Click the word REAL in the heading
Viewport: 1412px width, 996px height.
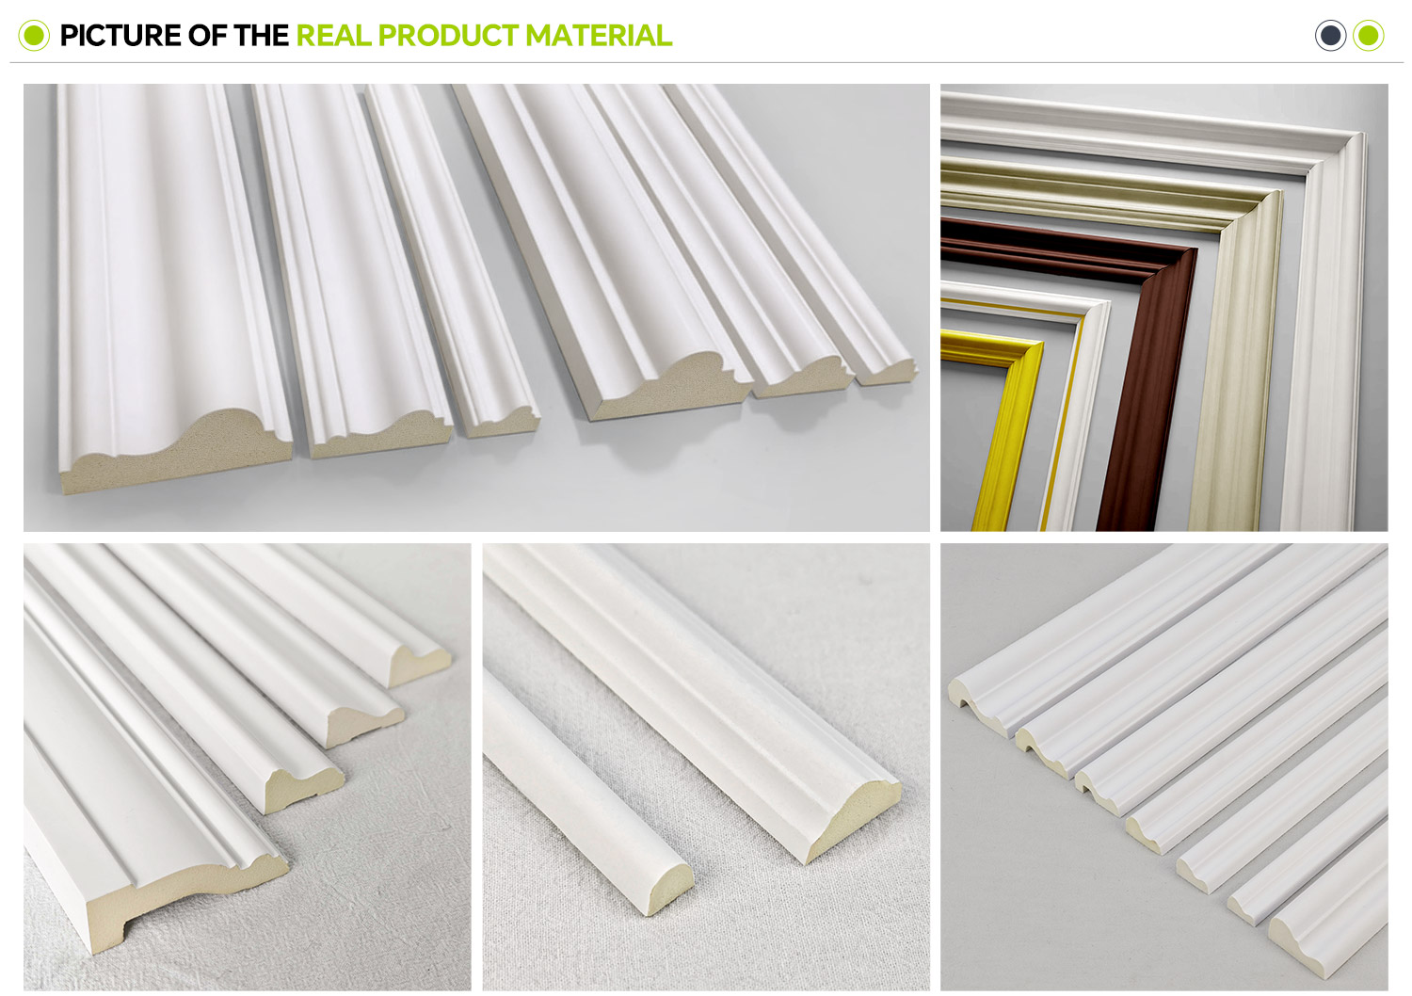334,36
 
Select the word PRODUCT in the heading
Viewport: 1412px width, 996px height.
449,36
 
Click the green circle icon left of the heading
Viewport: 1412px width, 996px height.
34,35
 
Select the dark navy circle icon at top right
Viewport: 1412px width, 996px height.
1330,35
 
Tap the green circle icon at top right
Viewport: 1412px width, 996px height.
1368,35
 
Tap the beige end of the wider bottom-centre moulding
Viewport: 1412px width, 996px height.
852,821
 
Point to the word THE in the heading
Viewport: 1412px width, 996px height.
262,36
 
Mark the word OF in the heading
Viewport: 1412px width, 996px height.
208,36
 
